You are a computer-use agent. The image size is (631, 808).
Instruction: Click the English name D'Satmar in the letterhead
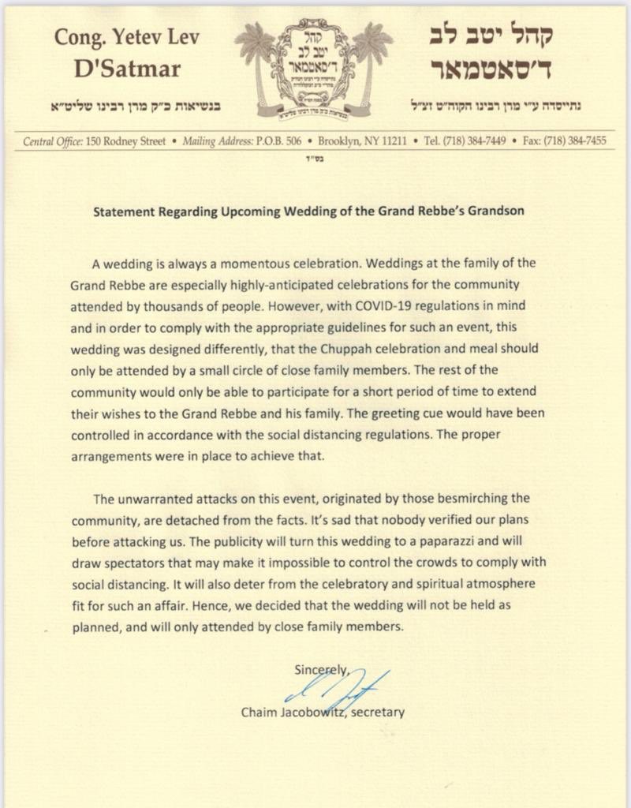coord(127,69)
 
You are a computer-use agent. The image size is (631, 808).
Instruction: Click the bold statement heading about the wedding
coord(308,211)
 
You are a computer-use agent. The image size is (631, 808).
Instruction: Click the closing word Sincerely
coord(321,670)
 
